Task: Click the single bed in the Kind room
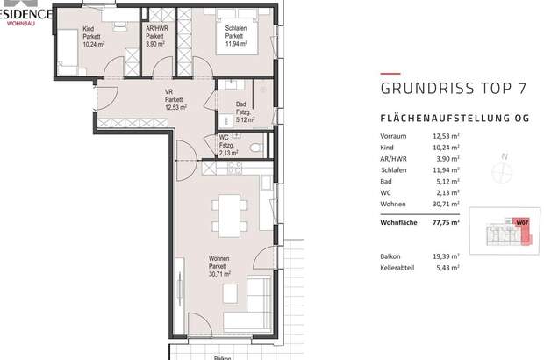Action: click(x=71, y=43)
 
